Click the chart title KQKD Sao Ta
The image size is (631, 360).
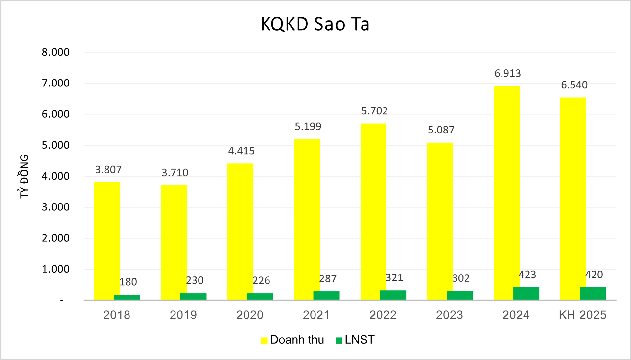click(315, 24)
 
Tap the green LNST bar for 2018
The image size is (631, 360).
click(127, 297)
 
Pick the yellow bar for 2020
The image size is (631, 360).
click(240, 230)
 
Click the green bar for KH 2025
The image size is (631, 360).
click(593, 293)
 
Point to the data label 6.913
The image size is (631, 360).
click(507, 73)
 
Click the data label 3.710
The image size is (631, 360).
click(175, 173)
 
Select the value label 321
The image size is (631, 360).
click(394, 278)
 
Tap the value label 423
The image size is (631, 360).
click(527, 275)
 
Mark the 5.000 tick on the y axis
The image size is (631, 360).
click(56, 145)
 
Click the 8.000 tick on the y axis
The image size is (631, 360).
click(56, 52)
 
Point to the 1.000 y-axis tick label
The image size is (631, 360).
click(56, 269)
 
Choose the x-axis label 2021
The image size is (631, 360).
click(316, 315)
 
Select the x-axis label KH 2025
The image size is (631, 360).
click(582, 315)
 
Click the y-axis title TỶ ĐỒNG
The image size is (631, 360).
click(24, 176)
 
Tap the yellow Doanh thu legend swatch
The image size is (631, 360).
click(264, 340)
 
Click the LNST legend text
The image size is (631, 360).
click(360, 340)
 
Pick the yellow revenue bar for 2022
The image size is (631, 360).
click(373, 210)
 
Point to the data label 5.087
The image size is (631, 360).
click(441, 130)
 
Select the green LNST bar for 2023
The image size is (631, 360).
click(459, 295)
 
